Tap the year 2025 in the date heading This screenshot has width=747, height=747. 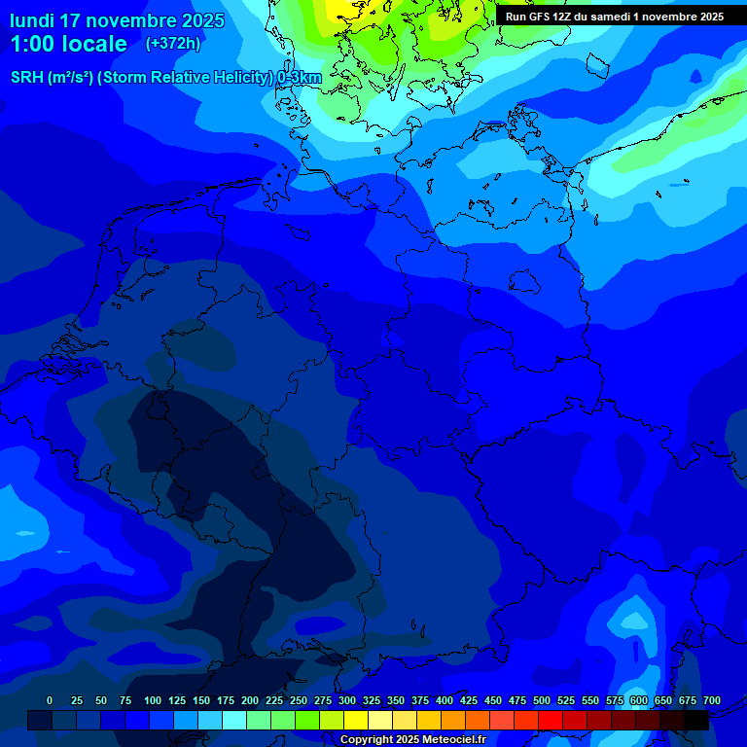click(x=196, y=20)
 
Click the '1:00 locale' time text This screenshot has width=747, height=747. click(x=68, y=44)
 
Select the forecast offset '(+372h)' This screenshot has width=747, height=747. click(x=173, y=44)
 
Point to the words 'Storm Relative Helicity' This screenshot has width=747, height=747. click(x=185, y=78)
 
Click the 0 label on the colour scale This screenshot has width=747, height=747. click(x=50, y=700)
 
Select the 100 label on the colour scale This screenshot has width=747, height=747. click(x=153, y=700)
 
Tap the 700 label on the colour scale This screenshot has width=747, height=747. click(x=712, y=700)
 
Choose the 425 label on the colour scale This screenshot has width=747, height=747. click(x=469, y=700)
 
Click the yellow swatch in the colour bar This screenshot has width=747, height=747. click(x=356, y=720)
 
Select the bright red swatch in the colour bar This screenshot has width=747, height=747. click(x=551, y=720)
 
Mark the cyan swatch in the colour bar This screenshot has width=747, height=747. click(x=234, y=720)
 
